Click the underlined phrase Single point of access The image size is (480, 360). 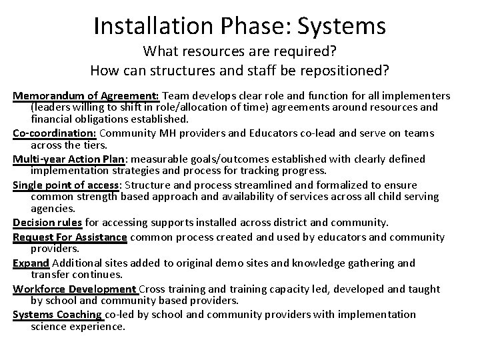tap(65, 184)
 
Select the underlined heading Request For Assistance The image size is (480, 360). tap(70, 237)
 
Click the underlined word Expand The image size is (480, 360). tap(31, 263)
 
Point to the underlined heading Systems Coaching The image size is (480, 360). tap(57, 314)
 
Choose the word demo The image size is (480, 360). tap(229, 263)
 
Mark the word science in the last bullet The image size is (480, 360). tap(51, 327)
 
